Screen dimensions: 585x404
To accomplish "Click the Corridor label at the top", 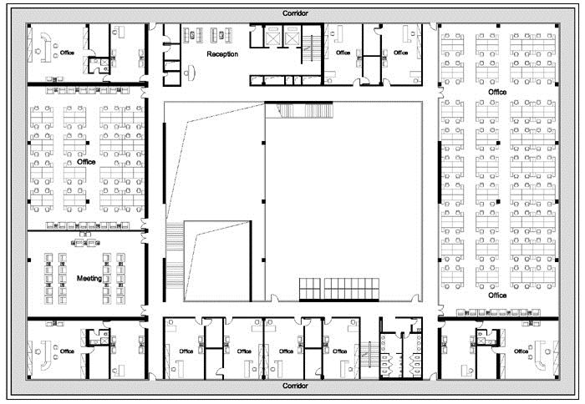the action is (295, 13).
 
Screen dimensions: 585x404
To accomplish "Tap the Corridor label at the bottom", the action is (295, 386).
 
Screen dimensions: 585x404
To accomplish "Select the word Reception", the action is (222, 54).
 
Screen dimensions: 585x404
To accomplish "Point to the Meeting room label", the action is (89, 279).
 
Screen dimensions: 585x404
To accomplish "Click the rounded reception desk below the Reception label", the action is (191, 73).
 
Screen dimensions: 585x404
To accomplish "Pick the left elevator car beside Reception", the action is (273, 37).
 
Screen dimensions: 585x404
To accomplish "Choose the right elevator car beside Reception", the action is (292, 37).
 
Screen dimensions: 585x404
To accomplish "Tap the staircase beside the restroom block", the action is (369, 359).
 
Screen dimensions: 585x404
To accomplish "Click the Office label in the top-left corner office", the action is (67, 53).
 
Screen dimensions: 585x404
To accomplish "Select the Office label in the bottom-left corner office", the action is (67, 351).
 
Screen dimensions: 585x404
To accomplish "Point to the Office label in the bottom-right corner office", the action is (521, 351).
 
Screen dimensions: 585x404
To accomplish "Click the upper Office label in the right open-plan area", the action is (497, 92).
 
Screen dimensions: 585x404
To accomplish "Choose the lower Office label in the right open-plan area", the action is (497, 295).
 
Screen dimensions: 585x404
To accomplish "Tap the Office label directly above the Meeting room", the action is (86, 162).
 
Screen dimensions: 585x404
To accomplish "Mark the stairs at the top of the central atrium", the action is (304, 111).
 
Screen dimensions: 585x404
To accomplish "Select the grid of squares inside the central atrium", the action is (338, 289).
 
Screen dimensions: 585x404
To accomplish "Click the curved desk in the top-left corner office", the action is (46, 47).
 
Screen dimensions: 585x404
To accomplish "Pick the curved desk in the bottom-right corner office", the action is (540, 356).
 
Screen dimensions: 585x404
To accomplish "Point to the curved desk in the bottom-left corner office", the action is (46, 356).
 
